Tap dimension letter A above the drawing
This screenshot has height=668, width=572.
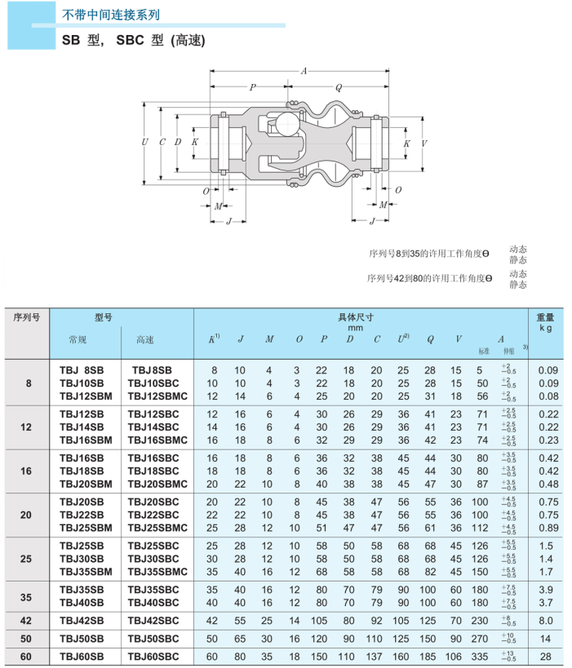click(x=304, y=72)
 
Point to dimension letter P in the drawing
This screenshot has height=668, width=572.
click(x=252, y=87)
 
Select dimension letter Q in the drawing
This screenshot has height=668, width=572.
click(x=338, y=87)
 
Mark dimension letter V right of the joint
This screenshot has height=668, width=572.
click(x=423, y=143)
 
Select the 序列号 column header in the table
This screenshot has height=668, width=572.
click(x=27, y=317)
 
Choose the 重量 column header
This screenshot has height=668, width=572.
click(x=545, y=317)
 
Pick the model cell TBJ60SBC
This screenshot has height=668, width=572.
click(x=157, y=657)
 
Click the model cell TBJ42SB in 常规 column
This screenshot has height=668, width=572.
click(x=82, y=621)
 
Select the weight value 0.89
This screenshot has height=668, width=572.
click(x=548, y=528)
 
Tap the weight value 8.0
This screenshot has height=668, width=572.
click(x=548, y=621)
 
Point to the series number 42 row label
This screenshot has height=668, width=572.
click(x=27, y=621)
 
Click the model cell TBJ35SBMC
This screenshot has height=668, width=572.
click(x=157, y=573)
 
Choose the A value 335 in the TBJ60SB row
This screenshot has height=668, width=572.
click(x=480, y=657)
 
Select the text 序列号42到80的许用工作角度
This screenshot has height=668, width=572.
click(x=430, y=279)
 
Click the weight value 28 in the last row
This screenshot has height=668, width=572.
click(x=548, y=657)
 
